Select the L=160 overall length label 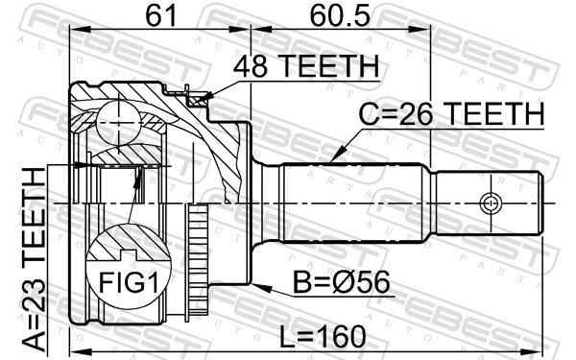point(318,337)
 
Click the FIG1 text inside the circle point(127,285)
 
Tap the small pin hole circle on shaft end point(490,203)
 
